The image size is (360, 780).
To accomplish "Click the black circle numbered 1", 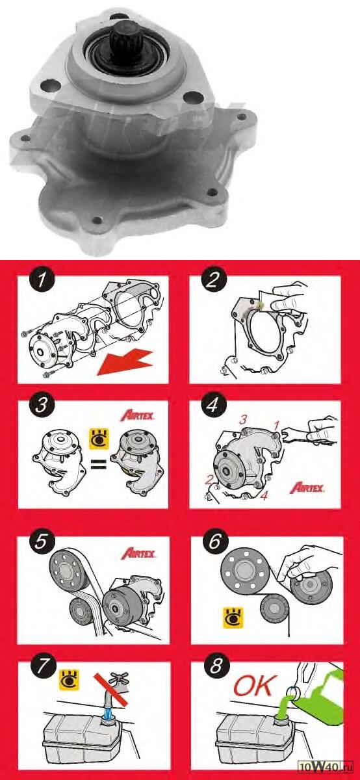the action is point(42,279).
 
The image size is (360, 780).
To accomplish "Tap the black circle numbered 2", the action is point(213,279).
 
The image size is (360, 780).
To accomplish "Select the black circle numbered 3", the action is point(42,404).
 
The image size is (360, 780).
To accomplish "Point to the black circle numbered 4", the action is point(213,404).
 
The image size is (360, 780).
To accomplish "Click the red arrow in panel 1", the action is point(125,363).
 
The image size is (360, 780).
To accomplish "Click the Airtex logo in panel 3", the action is point(137,416).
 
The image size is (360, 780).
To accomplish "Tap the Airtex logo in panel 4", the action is point(307,487).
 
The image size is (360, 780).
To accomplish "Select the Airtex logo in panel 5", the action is point(138,553).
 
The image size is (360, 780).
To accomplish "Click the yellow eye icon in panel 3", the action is point(99,439).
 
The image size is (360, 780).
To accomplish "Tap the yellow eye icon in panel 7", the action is point(70,679).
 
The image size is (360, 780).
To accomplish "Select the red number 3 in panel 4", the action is point(242,420).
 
